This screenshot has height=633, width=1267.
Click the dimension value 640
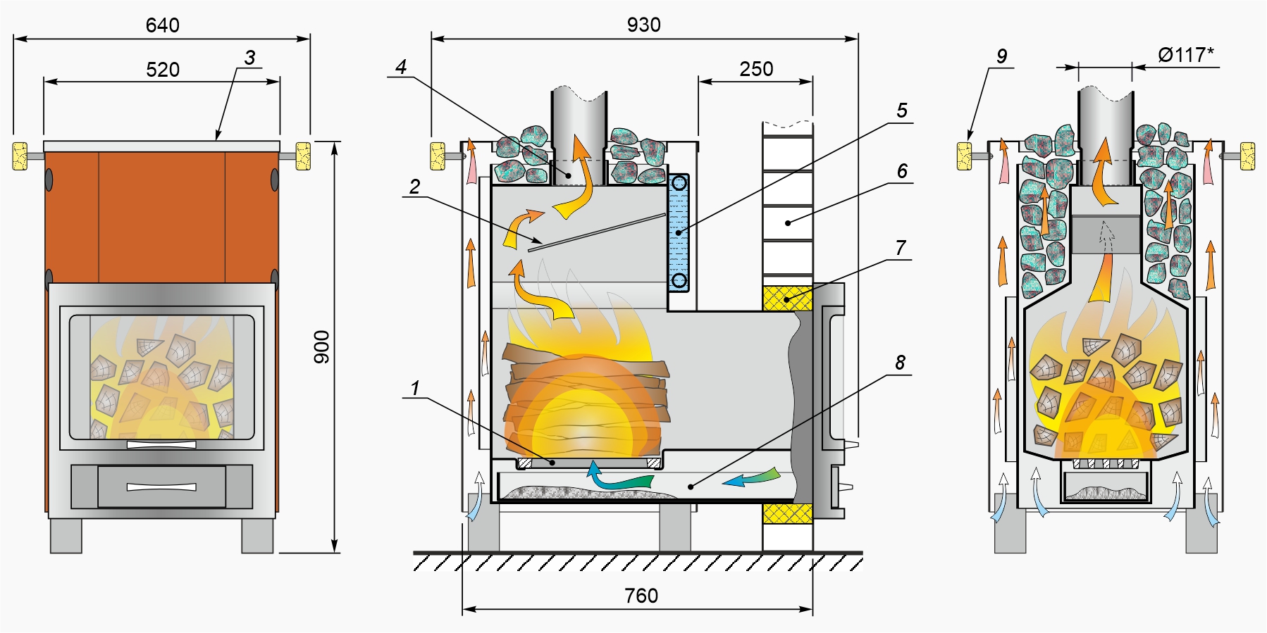[162, 25]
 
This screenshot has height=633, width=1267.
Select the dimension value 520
[163, 70]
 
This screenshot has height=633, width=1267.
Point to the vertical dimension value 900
[321, 346]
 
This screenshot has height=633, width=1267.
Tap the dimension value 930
[643, 25]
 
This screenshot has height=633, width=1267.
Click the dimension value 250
[756, 69]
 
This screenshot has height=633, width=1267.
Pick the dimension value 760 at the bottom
[641, 596]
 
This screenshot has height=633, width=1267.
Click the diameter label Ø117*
[1185, 55]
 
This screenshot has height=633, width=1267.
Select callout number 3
[249, 58]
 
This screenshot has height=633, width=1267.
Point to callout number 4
[401, 67]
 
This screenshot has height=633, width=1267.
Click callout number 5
[902, 111]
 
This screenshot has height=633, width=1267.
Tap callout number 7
[901, 248]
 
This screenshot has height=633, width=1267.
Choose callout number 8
[900, 363]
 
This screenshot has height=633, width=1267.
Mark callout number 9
[1001, 56]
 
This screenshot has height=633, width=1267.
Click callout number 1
[415, 388]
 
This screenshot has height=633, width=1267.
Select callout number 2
[414, 187]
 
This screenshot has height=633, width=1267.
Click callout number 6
[902, 171]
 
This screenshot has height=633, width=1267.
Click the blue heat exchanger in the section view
[678, 232]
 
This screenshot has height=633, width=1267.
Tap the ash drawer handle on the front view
[161, 487]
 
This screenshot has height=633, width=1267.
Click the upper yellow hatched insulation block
[787, 299]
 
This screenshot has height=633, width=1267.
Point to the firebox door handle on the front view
[161, 444]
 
